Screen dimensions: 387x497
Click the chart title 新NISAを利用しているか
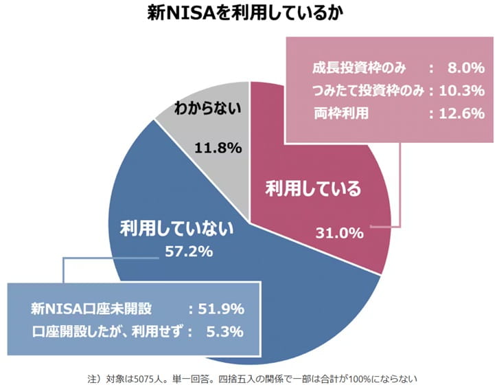pos(248,13)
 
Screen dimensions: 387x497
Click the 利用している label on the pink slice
pos(313,188)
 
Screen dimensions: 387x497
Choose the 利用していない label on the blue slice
pos(177,226)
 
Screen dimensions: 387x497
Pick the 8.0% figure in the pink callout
pos(465,68)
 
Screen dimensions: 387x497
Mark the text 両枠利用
pos(337,113)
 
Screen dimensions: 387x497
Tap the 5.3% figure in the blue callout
pos(224,331)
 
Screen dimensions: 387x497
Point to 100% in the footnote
pos(360,377)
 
